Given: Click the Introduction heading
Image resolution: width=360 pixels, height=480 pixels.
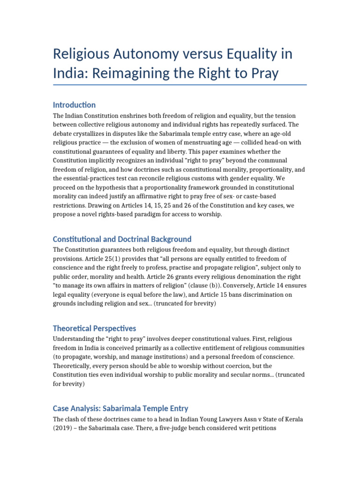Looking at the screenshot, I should [74, 105].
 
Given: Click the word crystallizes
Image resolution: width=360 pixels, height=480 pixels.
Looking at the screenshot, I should [89, 134].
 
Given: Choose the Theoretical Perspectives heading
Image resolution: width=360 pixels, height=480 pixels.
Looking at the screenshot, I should [95, 328].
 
